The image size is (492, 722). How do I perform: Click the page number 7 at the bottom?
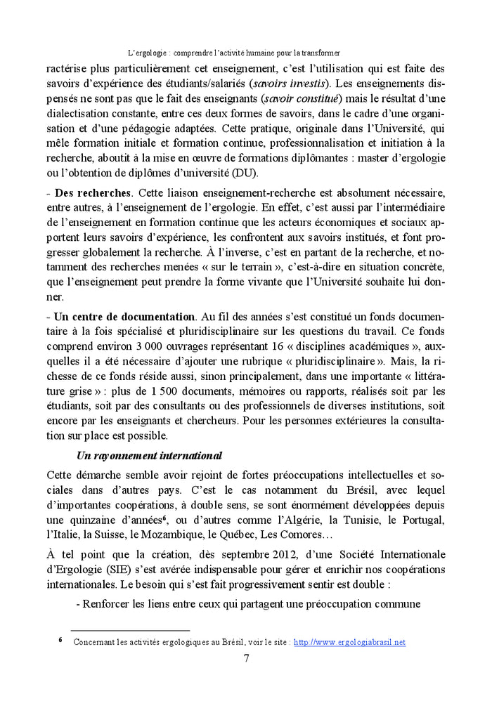pos(246,658)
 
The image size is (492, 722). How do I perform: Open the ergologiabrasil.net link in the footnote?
pos(349,642)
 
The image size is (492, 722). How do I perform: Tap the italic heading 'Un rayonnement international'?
pos(149,436)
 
